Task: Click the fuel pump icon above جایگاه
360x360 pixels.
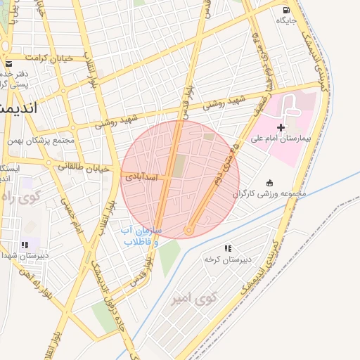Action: [285, 10]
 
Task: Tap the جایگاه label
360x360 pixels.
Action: [286, 20]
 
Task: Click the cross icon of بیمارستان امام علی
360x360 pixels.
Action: [281, 127]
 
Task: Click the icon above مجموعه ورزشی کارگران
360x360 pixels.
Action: [269, 182]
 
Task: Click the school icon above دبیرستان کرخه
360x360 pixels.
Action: [227, 248]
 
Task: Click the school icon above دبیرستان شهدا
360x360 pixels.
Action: [25, 245]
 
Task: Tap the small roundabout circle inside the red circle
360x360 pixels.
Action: [188, 230]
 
